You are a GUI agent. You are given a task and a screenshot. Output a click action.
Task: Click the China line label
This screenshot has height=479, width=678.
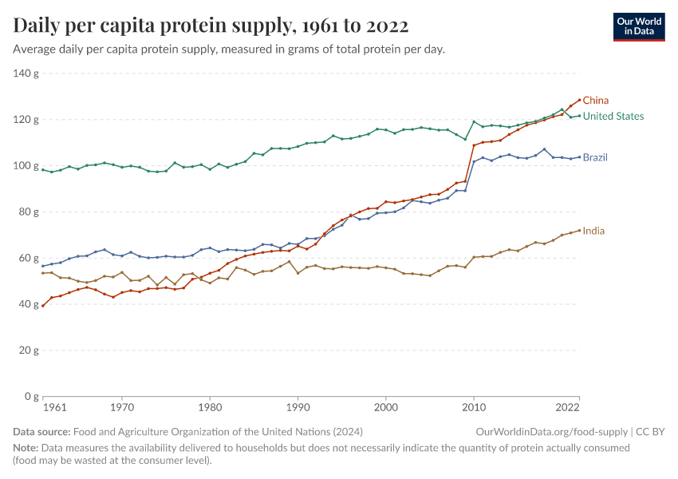pos(596,101)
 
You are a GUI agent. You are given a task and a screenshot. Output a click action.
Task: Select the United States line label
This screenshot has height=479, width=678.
pos(613,117)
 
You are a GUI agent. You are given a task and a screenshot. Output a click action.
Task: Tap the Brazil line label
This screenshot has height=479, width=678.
pos(595,157)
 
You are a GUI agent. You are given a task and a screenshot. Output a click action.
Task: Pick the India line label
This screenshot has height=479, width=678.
pos(593,231)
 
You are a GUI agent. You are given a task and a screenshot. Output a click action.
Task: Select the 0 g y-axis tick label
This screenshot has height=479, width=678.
pos(32,396)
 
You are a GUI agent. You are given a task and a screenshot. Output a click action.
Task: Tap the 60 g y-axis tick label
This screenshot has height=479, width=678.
pos(30,258)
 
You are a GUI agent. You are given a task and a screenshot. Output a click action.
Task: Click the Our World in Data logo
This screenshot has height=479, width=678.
pos(639,26)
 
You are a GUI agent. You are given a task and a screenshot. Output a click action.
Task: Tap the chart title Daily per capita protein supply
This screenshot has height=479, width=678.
pos(211,26)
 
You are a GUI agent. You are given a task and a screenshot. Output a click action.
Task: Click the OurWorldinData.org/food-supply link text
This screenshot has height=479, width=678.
pos(550,432)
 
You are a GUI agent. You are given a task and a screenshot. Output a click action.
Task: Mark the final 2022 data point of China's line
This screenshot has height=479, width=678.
pos(579,100)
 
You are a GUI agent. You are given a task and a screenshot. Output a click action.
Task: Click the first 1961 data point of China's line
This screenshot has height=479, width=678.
pos(43,306)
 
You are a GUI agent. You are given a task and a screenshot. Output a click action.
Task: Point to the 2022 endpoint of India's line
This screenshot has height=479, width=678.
pos(579,231)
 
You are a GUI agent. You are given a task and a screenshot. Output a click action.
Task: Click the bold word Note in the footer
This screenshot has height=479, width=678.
pos(26,448)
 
